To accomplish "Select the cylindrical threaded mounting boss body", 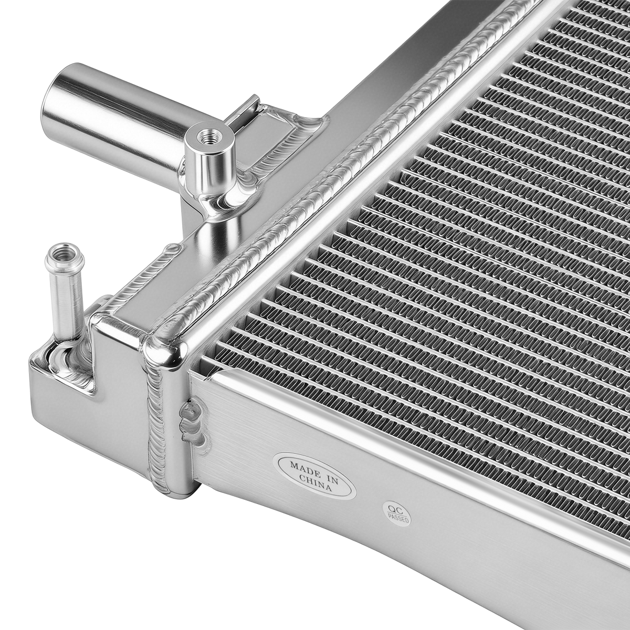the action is point(210,160).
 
